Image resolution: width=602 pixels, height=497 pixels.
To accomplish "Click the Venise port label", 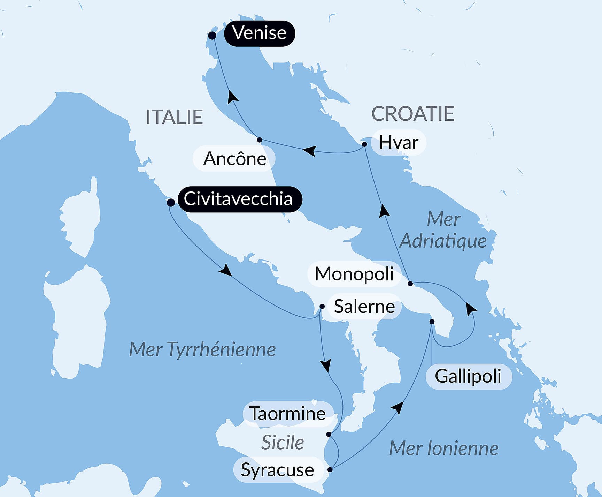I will point(260,33).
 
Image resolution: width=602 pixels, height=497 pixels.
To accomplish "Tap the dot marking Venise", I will point(212,36).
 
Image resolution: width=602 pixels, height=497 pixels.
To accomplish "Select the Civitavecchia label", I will point(239,199).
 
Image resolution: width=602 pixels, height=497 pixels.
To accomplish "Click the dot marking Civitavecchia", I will point(171,203).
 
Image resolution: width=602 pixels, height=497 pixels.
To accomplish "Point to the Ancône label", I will point(234,159).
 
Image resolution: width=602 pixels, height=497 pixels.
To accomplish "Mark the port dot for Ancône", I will point(259,140).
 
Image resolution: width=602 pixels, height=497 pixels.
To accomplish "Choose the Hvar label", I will point(398,143).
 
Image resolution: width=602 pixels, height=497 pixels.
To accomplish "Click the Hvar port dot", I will point(364,144).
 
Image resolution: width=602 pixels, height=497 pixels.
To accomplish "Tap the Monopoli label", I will point(354,274).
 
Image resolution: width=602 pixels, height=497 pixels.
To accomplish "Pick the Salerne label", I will point(364,307).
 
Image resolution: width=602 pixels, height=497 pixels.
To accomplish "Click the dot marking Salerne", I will point(322,307).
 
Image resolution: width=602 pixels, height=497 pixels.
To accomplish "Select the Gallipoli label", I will point(468,376).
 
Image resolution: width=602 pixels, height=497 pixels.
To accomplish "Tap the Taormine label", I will point(288,414).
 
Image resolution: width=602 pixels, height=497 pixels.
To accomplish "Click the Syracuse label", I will point(277,470).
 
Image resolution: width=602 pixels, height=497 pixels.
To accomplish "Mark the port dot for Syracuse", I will point(330,469).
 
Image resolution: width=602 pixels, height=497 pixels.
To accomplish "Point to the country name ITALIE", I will point(174,117).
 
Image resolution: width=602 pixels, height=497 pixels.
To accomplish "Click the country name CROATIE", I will point(413,114).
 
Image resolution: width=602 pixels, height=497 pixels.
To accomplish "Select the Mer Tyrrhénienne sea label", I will point(202,349).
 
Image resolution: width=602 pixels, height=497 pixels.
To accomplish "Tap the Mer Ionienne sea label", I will point(443,449).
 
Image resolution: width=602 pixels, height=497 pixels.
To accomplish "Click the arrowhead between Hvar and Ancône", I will point(309,151).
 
